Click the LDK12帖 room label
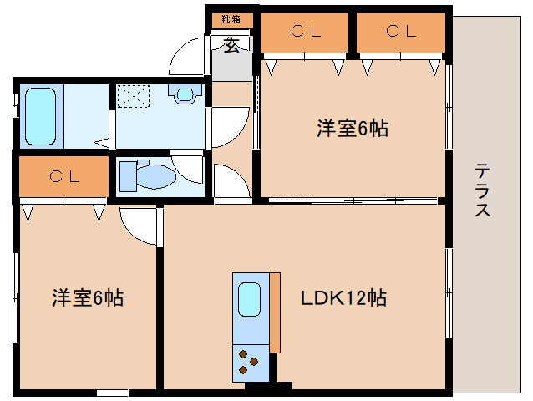click(x=343, y=297)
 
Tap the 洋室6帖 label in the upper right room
click(x=352, y=129)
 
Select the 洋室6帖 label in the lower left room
click(x=88, y=297)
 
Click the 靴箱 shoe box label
click(x=231, y=18)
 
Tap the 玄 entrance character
click(x=231, y=45)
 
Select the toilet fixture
click(x=145, y=175)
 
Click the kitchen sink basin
click(x=250, y=299)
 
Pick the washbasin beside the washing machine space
click(x=186, y=94)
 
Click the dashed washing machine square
click(x=131, y=97)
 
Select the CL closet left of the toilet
click(x=63, y=176)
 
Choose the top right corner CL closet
click(x=401, y=33)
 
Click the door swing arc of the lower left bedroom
click(x=136, y=224)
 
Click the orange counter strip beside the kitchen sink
click(x=275, y=311)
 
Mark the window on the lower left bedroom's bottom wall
click(x=111, y=392)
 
